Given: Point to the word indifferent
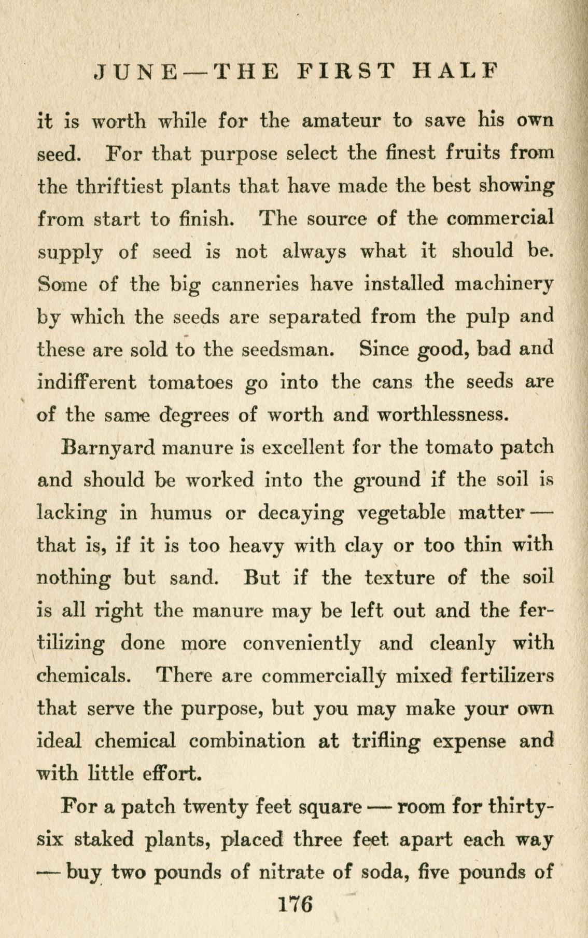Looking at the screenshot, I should (x=87, y=382).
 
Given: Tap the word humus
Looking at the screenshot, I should (x=180, y=513).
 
